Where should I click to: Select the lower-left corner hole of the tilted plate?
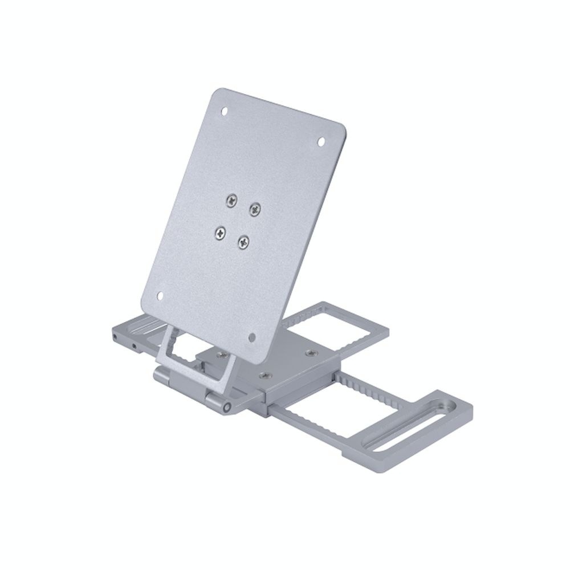click(x=160, y=295)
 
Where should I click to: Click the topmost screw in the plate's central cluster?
click(x=231, y=199)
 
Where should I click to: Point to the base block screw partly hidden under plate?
click(x=222, y=355)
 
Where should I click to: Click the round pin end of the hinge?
click(x=227, y=408)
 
